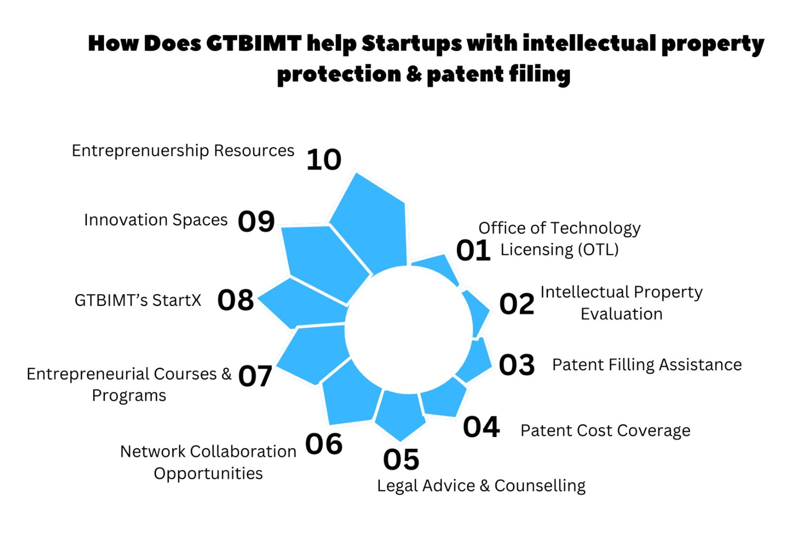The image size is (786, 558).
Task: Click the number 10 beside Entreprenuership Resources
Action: click(x=324, y=160)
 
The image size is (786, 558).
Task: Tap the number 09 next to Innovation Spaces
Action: click(x=256, y=222)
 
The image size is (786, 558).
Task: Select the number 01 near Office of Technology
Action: click(x=473, y=250)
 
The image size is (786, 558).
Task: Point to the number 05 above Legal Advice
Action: click(x=401, y=459)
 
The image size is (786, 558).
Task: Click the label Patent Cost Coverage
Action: click(x=605, y=431)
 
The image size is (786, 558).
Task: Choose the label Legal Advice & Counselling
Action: click(x=481, y=486)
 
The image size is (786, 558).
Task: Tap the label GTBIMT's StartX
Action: click(x=138, y=300)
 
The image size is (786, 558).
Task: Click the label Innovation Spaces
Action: click(x=156, y=220)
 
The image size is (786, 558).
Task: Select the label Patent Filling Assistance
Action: click(x=647, y=365)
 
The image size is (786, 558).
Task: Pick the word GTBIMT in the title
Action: click(x=253, y=43)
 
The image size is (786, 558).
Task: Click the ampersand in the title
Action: click(x=414, y=74)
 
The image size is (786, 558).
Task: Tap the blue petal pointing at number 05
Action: click(x=400, y=414)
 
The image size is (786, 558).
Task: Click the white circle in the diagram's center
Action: click(x=409, y=330)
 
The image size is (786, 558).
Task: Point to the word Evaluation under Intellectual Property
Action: click(x=621, y=314)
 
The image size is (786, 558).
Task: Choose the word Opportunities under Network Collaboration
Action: click(x=208, y=474)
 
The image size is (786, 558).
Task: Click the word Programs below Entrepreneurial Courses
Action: click(x=129, y=396)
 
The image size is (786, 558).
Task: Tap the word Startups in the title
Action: click(x=411, y=44)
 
